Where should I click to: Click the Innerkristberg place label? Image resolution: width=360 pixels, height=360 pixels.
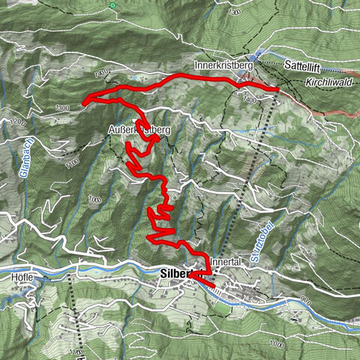tap(224, 65)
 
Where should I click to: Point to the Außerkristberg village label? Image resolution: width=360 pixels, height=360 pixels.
tap(140, 130)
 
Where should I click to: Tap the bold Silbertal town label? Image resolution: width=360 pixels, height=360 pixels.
tap(174, 274)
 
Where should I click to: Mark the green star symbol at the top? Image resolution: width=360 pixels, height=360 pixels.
tap(112, 6)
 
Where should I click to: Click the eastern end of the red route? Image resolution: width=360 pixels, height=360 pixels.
tap(278, 90)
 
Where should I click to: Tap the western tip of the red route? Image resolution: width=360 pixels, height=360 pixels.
tap(83, 103)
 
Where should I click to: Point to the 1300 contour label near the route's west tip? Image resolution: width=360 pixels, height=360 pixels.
tap(63, 109)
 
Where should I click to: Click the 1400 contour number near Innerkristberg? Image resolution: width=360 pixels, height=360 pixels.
tap(249, 98)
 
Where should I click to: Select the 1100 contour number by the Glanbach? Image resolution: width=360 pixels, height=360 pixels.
tap(72, 163)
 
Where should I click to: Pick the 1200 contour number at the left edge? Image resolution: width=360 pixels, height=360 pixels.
tap(9, 122)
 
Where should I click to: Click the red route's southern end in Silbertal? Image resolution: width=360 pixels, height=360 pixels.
tap(214, 286)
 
